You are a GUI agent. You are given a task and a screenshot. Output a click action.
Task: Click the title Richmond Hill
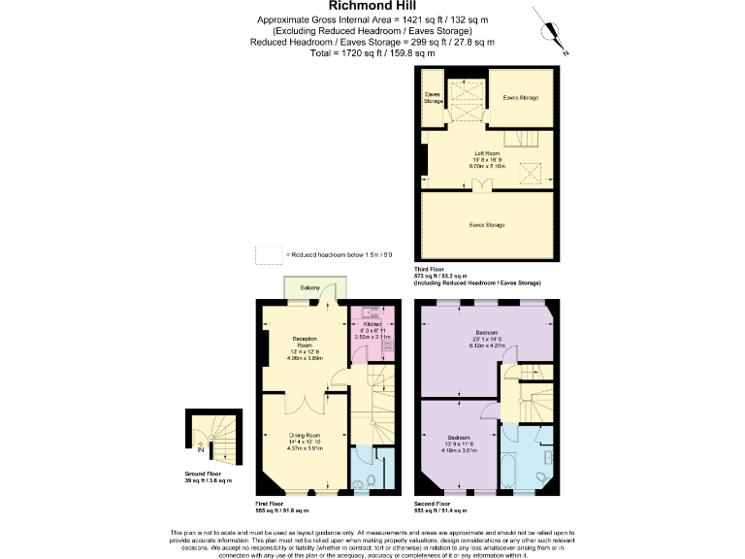point(372,6)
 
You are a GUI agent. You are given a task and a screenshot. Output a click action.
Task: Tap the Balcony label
point(310,288)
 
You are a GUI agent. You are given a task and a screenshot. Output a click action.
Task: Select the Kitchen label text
point(373,323)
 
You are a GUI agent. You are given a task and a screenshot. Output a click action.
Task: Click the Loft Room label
point(486,152)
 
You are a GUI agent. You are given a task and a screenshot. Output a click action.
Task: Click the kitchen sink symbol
point(370,312)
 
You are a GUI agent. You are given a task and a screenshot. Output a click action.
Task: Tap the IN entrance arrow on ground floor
point(201,448)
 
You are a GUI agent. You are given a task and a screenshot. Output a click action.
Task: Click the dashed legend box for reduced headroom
point(268,254)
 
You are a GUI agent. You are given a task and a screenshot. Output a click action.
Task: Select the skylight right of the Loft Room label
point(530,173)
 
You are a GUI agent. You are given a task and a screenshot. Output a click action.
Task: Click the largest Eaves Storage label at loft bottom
point(486,225)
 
